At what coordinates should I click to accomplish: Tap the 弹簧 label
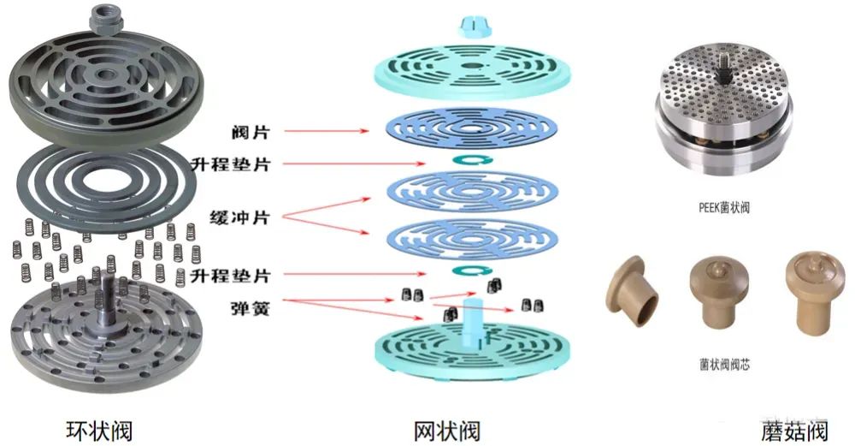249,306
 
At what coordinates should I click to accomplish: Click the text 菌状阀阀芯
725,365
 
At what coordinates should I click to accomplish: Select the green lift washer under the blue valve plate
469,160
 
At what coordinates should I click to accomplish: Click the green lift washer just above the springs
469,271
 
